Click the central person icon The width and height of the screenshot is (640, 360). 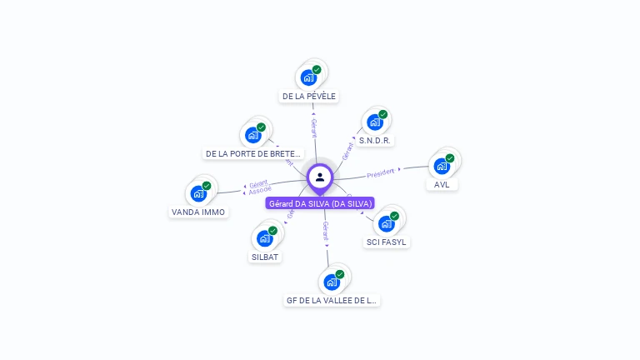pos(320,177)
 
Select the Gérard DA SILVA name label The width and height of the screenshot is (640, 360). pos(320,203)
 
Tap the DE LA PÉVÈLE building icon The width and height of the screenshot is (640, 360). pos(309,77)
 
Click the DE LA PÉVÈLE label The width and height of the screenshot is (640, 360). pos(309,97)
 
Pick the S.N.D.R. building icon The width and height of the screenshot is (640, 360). pos(375,122)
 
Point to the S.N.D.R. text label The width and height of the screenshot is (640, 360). pos(375,141)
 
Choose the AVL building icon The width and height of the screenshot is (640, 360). pos(442,165)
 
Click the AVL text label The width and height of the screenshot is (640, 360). pos(442,185)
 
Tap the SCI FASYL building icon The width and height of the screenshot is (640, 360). pos(387,223)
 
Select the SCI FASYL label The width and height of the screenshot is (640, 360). pos(387,242)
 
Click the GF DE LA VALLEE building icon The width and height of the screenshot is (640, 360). pos(332,281)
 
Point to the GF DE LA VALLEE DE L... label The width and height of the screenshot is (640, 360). pos(332,300)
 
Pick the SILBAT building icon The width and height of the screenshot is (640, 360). pos(265,237)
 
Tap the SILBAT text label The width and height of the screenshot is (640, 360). pos(265,257)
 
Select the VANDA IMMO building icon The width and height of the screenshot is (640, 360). pos(198,193)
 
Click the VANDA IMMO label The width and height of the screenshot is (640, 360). pos(198,212)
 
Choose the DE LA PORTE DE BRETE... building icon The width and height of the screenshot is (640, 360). pos(253,135)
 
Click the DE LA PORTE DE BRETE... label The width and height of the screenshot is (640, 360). pos(253,154)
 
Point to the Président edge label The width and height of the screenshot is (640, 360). pos(380,172)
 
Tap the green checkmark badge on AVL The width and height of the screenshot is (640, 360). pos(450,157)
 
